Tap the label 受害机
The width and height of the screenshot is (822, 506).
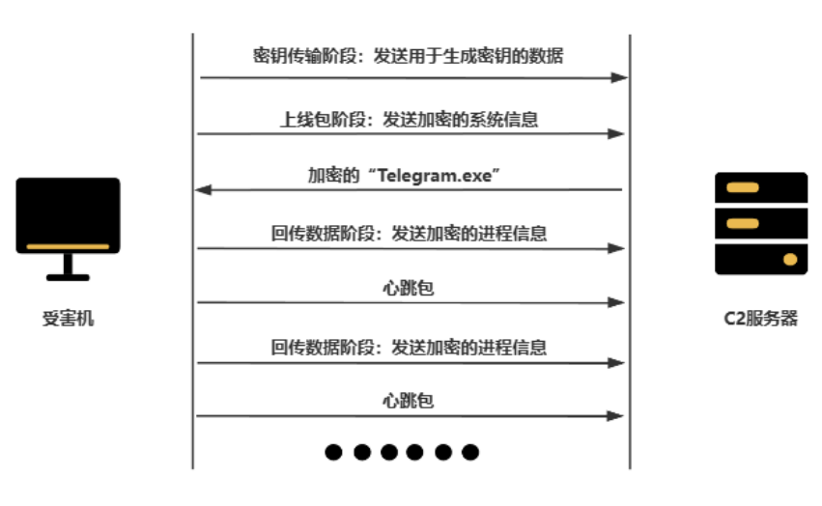(x=69, y=319)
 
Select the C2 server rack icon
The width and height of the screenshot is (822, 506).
(x=760, y=223)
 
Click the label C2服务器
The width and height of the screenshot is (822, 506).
(x=761, y=319)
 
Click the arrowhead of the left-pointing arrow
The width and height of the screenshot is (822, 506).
(x=202, y=190)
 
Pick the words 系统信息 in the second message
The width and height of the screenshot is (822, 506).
(x=508, y=120)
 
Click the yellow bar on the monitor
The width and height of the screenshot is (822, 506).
(x=68, y=246)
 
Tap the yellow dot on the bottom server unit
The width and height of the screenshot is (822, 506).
(x=790, y=259)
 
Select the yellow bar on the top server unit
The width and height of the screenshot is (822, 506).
(x=741, y=186)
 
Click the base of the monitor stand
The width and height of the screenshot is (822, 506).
(x=68, y=277)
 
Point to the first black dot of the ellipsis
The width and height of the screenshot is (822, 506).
(x=334, y=451)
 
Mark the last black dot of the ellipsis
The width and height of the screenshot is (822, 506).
(x=470, y=451)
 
